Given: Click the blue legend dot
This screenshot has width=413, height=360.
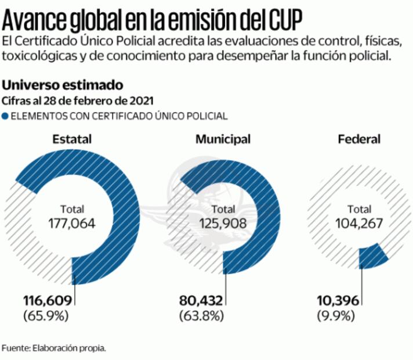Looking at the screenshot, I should point(5,116).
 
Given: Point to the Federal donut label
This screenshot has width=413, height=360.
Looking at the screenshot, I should point(359,139).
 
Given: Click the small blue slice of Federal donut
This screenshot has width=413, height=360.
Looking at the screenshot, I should point(374,255).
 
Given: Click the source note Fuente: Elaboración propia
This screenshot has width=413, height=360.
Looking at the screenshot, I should point(54,348).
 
